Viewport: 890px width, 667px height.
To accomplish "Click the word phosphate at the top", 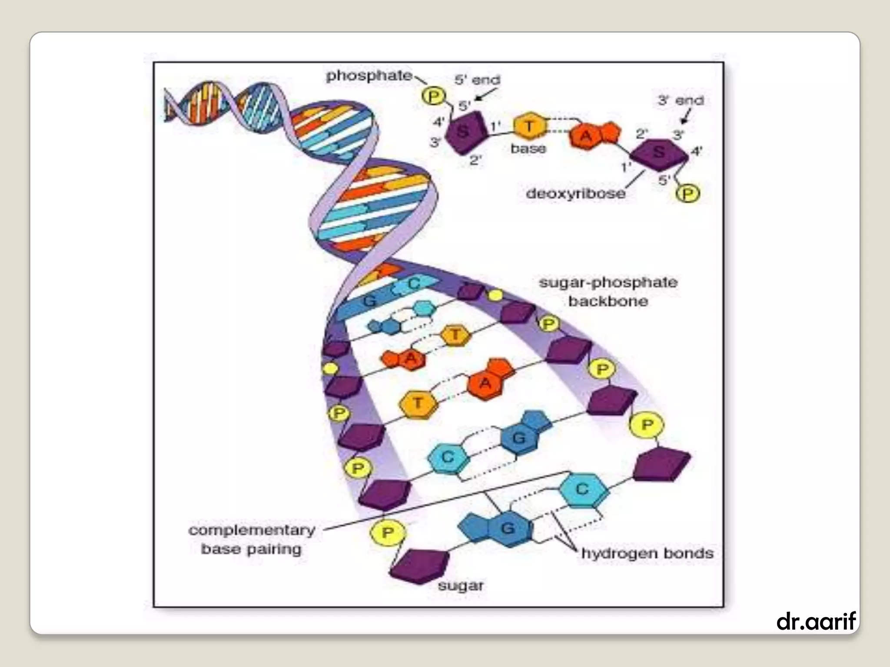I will [x=369, y=76].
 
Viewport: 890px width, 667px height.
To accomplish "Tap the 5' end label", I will [x=477, y=80].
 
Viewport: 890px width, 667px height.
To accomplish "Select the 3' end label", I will [x=681, y=100].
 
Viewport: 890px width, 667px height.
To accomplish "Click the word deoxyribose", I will [x=575, y=193].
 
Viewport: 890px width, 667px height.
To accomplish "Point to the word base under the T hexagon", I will [x=528, y=149].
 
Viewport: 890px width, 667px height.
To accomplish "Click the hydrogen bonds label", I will [x=648, y=553].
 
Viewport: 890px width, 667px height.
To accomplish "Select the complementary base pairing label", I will [x=252, y=539].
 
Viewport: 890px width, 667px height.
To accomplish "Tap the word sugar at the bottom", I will [x=461, y=586].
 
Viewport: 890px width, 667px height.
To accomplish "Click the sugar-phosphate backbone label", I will [x=608, y=291].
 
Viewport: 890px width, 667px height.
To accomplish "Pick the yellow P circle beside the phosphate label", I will [x=433, y=96].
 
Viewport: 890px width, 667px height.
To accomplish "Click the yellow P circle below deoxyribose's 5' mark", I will [x=687, y=193].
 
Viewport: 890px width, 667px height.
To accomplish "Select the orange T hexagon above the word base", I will [x=529, y=126].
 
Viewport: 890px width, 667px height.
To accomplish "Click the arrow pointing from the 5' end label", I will [x=486, y=94].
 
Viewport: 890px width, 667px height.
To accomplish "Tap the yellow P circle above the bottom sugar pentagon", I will [x=388, y=532].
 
